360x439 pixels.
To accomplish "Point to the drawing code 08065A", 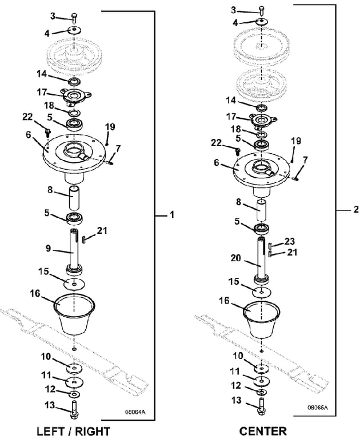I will (318, 408).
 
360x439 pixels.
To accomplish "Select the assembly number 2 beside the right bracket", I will (356, 209).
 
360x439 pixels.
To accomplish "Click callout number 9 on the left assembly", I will (50, 248).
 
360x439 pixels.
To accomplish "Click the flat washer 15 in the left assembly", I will (74, 284).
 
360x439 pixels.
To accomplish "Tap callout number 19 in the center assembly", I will (295, 141).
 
